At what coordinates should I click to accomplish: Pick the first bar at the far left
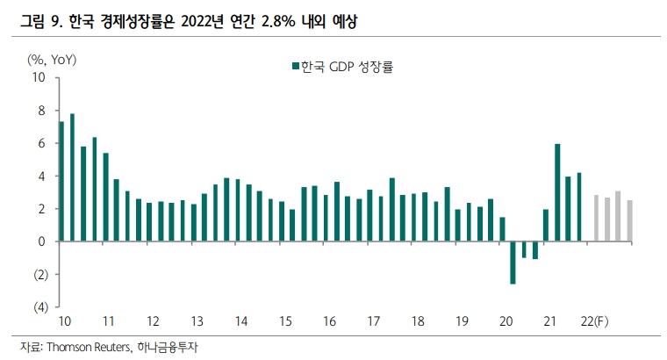pyautogui.click(x=61, y=181)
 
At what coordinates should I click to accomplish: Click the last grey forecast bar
pyautogui.click(x=629, y=220)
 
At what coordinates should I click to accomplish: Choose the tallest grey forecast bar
pyautogui.click(x=618, y=216)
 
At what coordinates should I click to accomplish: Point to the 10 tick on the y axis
pyautogui.click(x=39, y=77)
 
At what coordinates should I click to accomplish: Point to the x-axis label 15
pyautogui.click(x=285, y=322)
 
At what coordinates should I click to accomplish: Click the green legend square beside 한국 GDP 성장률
pyautogui.click(x=295, y=66)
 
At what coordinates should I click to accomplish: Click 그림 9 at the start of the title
pyautogui.click(x=40, y=18)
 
